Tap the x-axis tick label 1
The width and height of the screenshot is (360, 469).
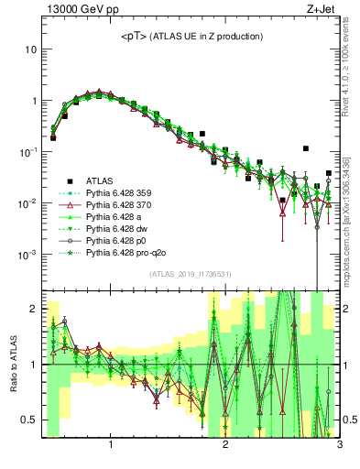(111, 446)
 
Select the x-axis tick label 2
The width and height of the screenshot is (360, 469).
(225, 446)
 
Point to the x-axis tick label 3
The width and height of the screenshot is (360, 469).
(338, 446)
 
